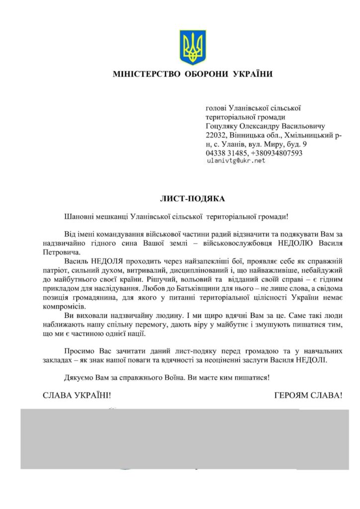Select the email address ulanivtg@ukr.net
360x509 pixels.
pyautogui.click(x=235, y=161)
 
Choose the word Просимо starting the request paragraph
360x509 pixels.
pyautogui.click(x=80, y=350)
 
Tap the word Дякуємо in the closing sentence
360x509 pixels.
pyautogui.click(x=81, y=377)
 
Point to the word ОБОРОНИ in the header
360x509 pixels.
pyautogui.click(x=203, y=75)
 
